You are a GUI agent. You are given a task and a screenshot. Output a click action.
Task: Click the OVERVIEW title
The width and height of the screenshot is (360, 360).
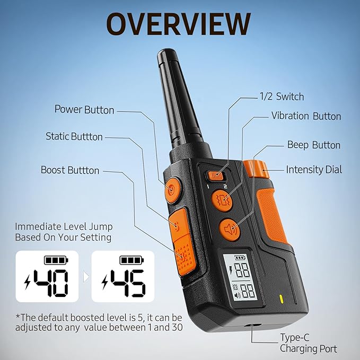pos(178,24)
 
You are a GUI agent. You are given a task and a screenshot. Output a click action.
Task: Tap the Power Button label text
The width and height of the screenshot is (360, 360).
pos(84,110)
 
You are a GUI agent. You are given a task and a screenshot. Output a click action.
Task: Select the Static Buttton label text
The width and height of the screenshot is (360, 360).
pos(74,136)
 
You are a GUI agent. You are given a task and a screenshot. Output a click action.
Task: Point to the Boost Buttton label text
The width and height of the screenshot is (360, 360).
pos(70,170)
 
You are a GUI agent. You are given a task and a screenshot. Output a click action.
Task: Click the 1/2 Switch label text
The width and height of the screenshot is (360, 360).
pos(282,96)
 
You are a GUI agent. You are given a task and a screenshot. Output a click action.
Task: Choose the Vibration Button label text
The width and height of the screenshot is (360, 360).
pos(306,116)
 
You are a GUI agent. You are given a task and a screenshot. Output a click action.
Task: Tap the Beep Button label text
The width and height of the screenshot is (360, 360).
pos(314,145)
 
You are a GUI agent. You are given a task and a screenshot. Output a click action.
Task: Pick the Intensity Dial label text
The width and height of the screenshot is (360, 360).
pos(314,170)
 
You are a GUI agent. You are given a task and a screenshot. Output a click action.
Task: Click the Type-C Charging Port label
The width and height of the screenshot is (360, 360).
pos(309,343)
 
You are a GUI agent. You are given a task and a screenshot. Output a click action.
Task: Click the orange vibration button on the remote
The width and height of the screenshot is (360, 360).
pos(222,200)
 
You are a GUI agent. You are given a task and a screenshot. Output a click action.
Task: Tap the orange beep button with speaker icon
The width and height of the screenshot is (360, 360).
pos(230,230)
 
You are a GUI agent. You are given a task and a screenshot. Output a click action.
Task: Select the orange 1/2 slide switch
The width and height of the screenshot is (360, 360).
pos(215,175)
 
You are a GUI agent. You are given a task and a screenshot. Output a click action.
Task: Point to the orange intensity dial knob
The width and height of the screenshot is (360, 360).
pos(256,169)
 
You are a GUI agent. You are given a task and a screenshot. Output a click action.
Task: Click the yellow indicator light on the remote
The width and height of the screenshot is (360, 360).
pos(281,299)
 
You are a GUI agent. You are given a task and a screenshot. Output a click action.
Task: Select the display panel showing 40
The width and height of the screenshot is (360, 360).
pos(47,276)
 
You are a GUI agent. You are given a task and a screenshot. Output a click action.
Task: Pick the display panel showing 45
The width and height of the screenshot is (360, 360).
pos(123,276)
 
